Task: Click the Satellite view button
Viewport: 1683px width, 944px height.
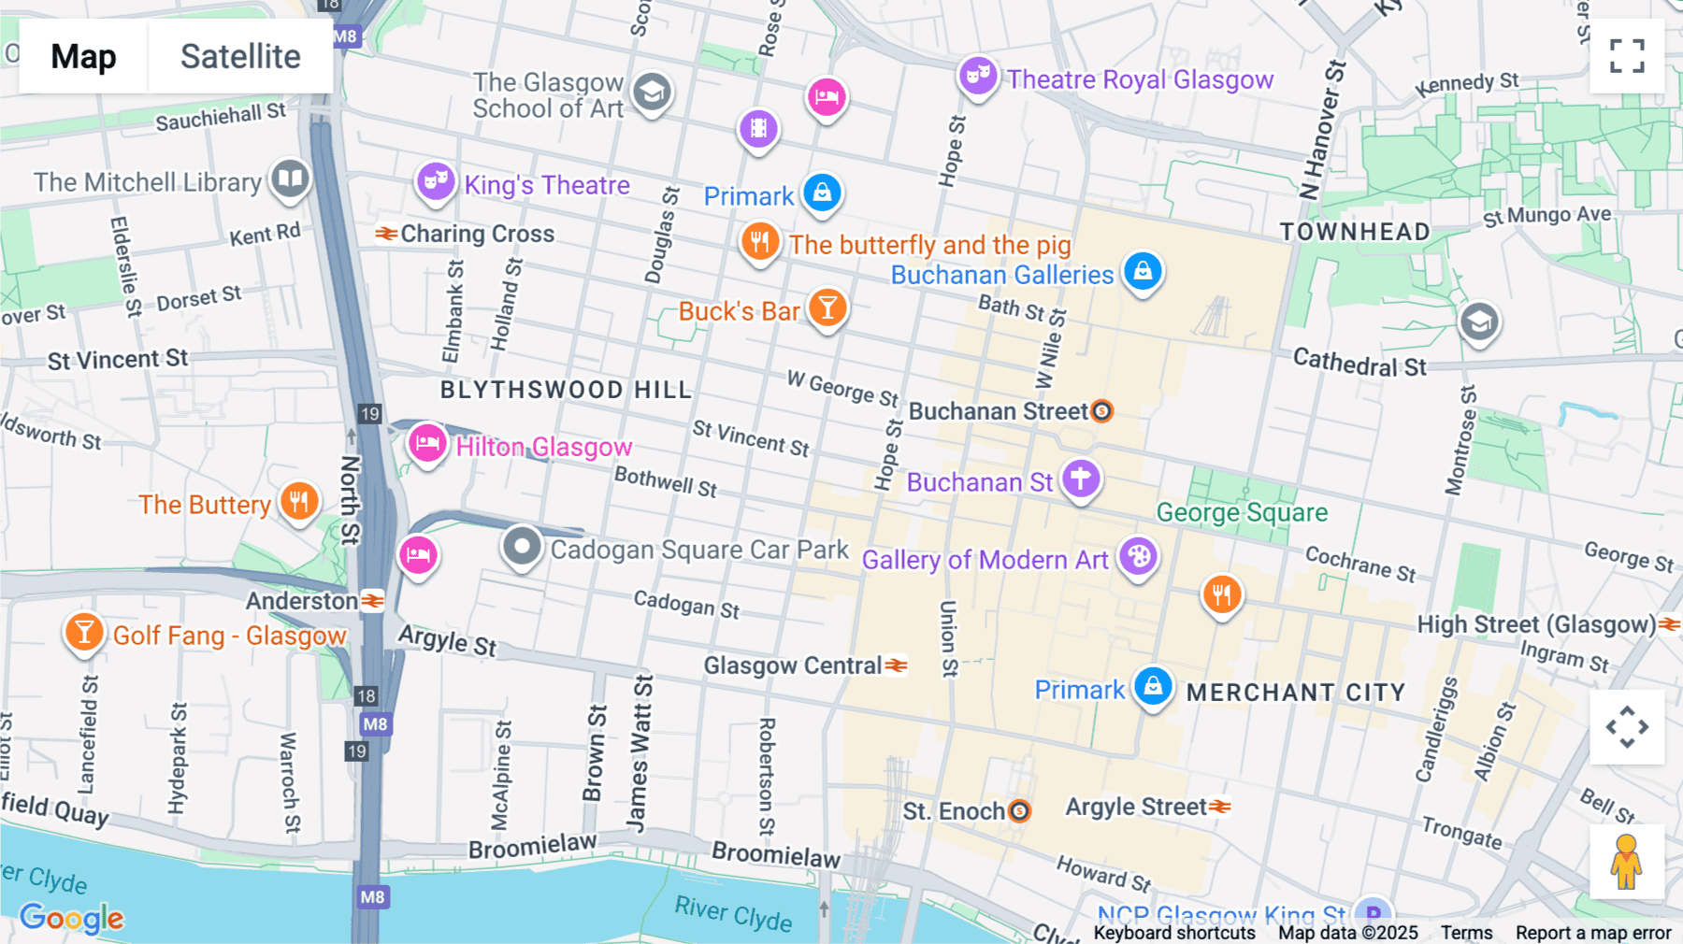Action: tap(240, 57)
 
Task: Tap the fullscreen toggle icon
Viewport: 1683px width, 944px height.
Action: tap(1627, 56)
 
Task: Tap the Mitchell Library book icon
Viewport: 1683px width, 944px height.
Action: tap(290, 178)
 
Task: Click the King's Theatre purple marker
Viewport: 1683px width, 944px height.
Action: tap(436, 180)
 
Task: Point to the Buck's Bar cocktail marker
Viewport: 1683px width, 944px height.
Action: tap(827, 308)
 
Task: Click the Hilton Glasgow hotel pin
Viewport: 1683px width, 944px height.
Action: tap(427, 443)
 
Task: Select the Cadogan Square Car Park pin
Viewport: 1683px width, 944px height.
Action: tap(522, 546)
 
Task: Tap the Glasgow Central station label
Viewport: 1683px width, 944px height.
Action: tap(793, 665)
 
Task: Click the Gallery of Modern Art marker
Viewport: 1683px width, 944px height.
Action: tap(1138, 557)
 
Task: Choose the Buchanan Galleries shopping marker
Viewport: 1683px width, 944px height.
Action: tap(1143, 272)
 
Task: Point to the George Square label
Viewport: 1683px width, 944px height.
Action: tap(1242, 512)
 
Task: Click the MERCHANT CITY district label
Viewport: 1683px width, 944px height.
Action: tap(1296, 693)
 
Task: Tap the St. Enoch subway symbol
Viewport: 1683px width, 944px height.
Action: tap(1020, 811)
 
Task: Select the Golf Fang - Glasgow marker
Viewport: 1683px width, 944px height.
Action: tap(84, 633)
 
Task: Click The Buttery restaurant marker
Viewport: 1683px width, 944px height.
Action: tap(299, 502)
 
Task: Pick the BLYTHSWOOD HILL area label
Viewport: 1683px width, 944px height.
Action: tap(566, 390)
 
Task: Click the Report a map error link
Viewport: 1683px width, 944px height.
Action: tap(1593, 932)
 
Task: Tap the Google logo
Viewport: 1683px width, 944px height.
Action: tap(72, 918)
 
